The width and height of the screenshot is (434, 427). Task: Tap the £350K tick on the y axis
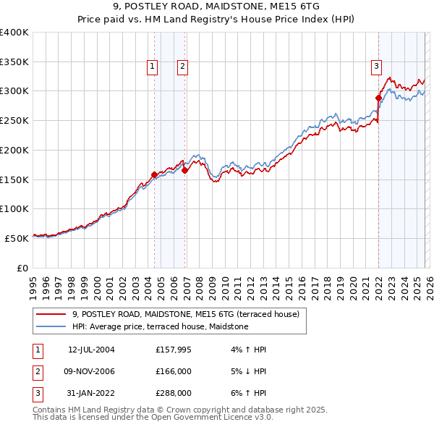(14, 62)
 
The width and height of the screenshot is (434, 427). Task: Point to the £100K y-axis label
(14, 208)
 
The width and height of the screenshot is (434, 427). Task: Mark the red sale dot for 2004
(154, 174)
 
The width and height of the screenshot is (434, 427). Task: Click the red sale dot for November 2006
(184, 171)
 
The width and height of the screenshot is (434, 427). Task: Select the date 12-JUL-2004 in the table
(91, 350)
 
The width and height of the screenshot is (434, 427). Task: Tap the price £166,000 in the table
(173, 371)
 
